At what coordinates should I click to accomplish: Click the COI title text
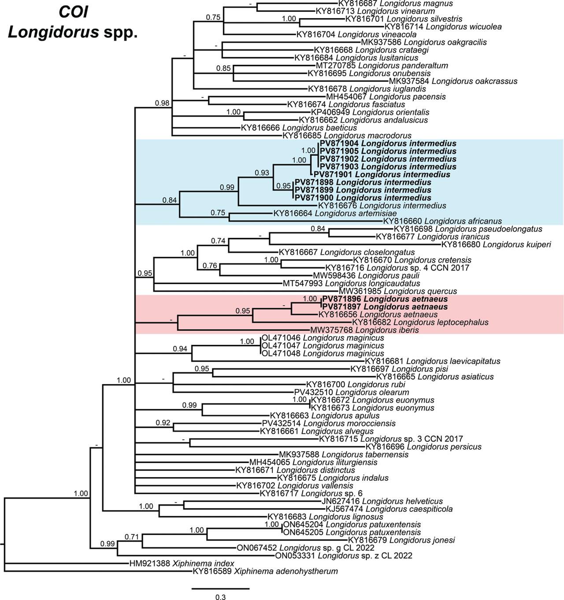tap(73, 12)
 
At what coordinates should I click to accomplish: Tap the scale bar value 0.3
tap(220, 597)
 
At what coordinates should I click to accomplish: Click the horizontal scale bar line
tap(220, 588)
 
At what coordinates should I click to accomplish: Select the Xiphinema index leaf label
tap(182, 563)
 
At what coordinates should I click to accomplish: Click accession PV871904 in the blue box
tap(340, 144)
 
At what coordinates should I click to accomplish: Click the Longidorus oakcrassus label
tap(453, 81)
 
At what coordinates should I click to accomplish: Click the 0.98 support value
tap(162, 103)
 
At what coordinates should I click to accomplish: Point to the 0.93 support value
tap(262, 173)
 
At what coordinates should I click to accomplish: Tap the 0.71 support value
tap(131, 537)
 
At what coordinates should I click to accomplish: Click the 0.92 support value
tap(163, 423)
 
